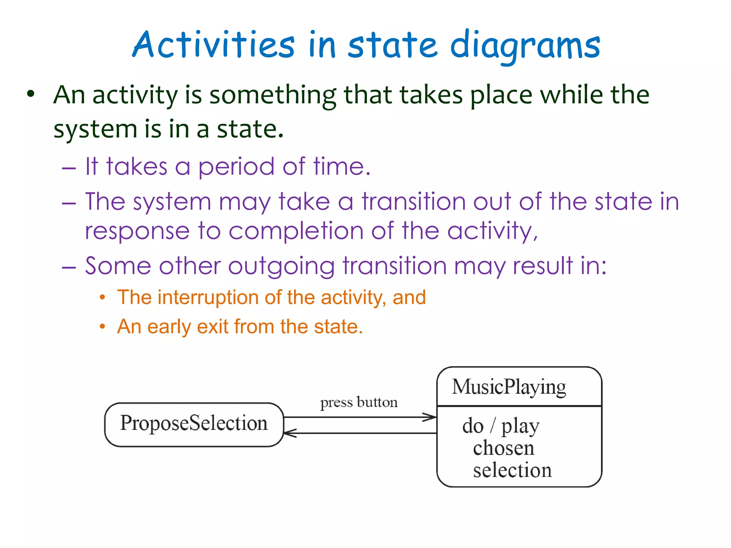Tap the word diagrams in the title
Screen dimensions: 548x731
click(525, 46)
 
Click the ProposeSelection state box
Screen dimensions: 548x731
click(194, 424)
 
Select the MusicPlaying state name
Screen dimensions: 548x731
click(509, 387)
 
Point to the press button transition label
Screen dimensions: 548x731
click(359, 402)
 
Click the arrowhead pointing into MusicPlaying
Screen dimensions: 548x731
click(430, 417)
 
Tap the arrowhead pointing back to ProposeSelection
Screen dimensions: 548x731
click(290, 433)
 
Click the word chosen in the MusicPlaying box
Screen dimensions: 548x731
click(504, 448)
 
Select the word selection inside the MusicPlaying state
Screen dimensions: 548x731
click(512, 470)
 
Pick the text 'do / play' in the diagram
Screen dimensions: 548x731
click(501, 426)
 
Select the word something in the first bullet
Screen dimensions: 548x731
click(273, 96)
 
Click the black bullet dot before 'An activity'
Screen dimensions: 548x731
click(31, 94)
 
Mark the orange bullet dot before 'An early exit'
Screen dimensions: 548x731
click(102, 326)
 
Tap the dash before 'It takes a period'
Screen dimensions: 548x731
click(69, 168)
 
